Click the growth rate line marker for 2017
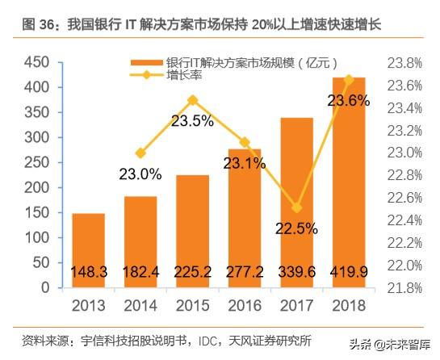click(x=297, y=208)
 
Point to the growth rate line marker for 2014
click(x=140, y=153)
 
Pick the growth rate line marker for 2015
click(x=192, y=101)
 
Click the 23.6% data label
click(x=349, y=101)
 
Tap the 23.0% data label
click(x=141, y=174)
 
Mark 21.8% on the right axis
click(x=404, y=287)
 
